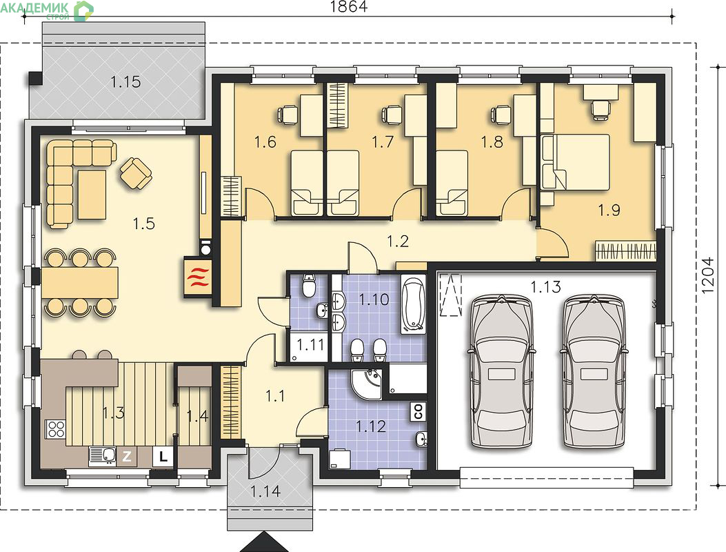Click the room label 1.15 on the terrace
125,82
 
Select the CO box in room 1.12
418,411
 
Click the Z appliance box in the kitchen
126,457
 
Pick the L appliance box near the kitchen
163,457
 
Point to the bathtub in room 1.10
412,304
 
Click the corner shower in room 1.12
367,384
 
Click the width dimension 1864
349,6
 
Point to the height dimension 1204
708,275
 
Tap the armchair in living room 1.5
136,173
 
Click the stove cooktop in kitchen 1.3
56,428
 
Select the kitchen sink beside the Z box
103,457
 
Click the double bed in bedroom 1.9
576,162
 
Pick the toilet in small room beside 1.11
308,285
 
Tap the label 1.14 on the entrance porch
265,491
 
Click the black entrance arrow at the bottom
264,542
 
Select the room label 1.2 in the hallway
398,241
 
